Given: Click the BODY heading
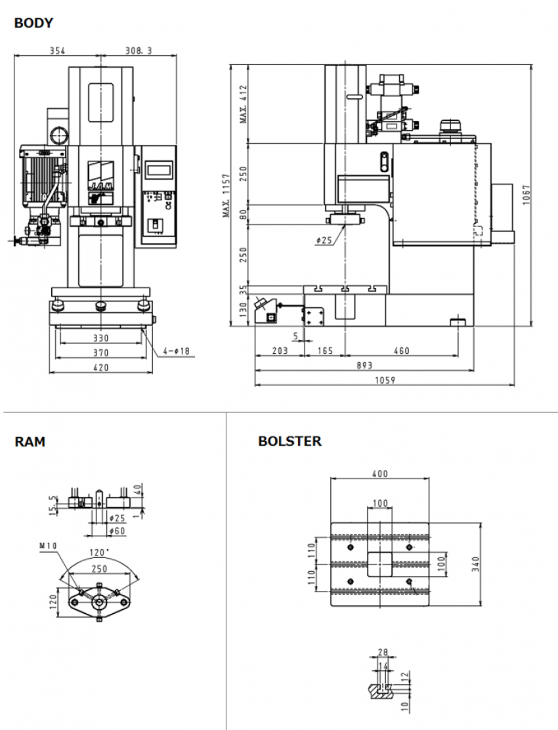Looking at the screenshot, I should click(33, 24).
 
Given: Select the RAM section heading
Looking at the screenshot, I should click(30, 442).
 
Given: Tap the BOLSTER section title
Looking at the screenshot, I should click(290, 441).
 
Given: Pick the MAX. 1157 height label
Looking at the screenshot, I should click(225, 196).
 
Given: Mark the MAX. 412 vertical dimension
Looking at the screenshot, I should click(243, 104).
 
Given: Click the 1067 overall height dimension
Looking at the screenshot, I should click(525, 194).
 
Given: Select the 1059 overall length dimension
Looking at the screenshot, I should click(383, 381).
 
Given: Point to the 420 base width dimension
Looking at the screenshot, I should click(100, 368).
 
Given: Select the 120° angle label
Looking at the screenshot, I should click(98, 553).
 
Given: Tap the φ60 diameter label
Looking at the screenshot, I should click(117, 530).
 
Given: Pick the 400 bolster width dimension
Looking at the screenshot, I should click(379, 474).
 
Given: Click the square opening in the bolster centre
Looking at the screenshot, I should click(379, 563).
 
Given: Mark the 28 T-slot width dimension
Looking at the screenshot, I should click(383, 653).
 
